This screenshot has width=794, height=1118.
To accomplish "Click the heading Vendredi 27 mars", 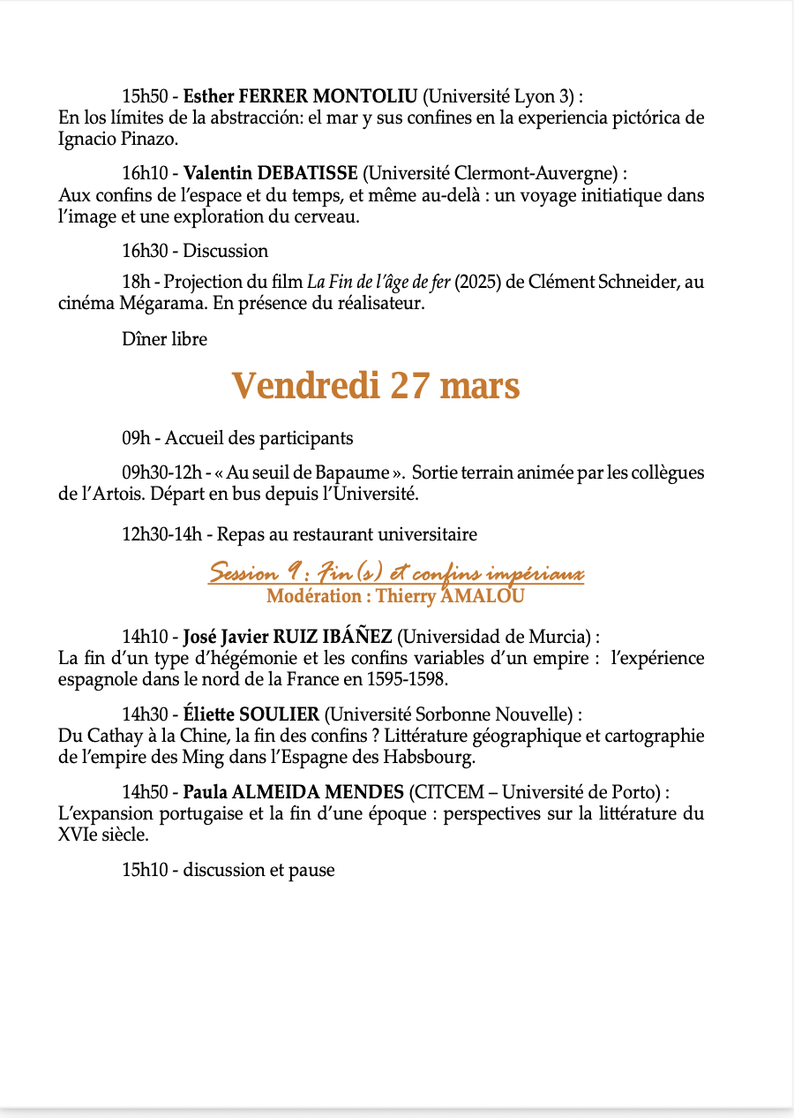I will click(x=376, y=387).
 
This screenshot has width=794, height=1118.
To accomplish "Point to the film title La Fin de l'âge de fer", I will click(x=378, y=283).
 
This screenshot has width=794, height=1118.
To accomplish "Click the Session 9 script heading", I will click(x=396, y=575).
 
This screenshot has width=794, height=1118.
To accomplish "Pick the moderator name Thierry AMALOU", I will click(x=450, y=596).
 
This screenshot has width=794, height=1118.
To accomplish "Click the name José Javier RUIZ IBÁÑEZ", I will click(x=287, y=637).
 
